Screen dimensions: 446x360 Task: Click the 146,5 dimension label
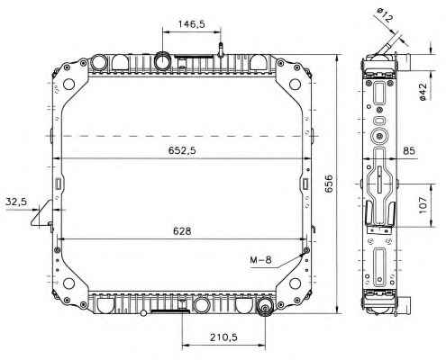[191, 24]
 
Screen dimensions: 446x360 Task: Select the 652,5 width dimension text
[182, 150]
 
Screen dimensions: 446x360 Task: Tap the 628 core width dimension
[182, 231]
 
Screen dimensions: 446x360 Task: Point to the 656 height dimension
[329, 183]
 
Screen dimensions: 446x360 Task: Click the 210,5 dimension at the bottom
[223, 337]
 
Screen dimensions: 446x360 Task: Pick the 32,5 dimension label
[16, 202]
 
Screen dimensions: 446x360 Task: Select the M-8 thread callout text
[260, 260]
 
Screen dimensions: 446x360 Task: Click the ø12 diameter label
[384, 15]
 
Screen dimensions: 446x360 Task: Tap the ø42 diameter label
[423, 92]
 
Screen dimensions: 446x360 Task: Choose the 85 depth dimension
[409, 150]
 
